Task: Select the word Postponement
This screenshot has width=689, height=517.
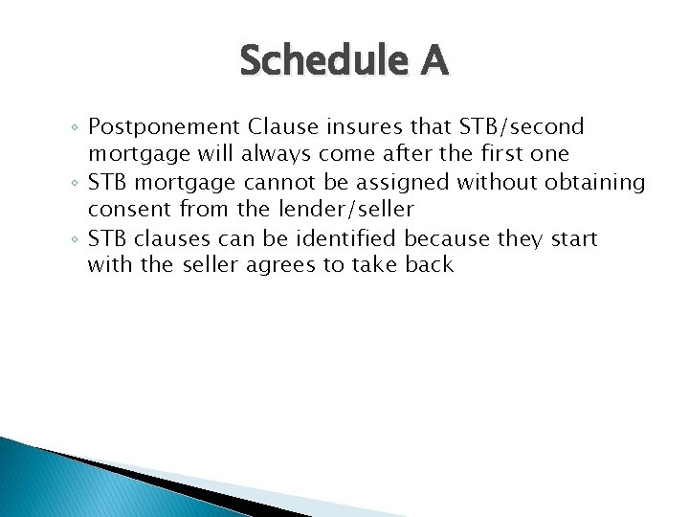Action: click(x=165, y=127)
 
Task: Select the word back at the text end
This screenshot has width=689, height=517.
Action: click(x=428, y=264)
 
